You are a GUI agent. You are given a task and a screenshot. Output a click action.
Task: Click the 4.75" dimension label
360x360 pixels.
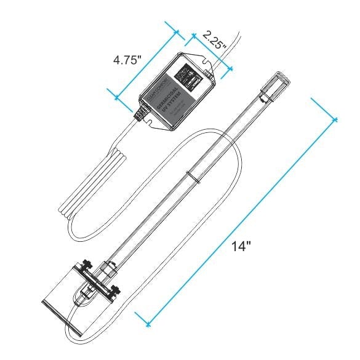click(x=127, y=62)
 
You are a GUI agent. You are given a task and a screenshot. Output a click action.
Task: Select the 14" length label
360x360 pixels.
click(x=242, y=246)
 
